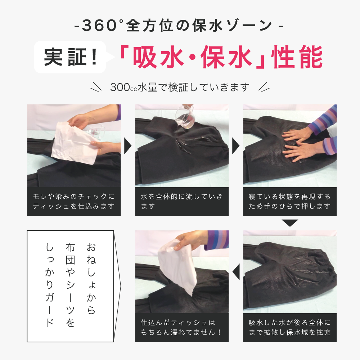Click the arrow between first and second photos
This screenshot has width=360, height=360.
(x=128, y=145)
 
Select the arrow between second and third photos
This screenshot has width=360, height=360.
(x=236, y=145)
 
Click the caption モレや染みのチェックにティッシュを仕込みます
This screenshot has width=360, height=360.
(x=74, y=202)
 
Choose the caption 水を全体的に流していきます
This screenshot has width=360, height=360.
(x=182, y=202)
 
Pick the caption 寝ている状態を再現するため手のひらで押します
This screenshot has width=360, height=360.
(x=290, y=202)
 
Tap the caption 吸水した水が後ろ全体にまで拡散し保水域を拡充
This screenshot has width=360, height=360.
(x=290, y=327)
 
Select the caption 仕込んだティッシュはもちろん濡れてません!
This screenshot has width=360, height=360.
(x=182, y=327)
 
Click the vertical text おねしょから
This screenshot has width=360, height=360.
(x=91, y=279)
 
